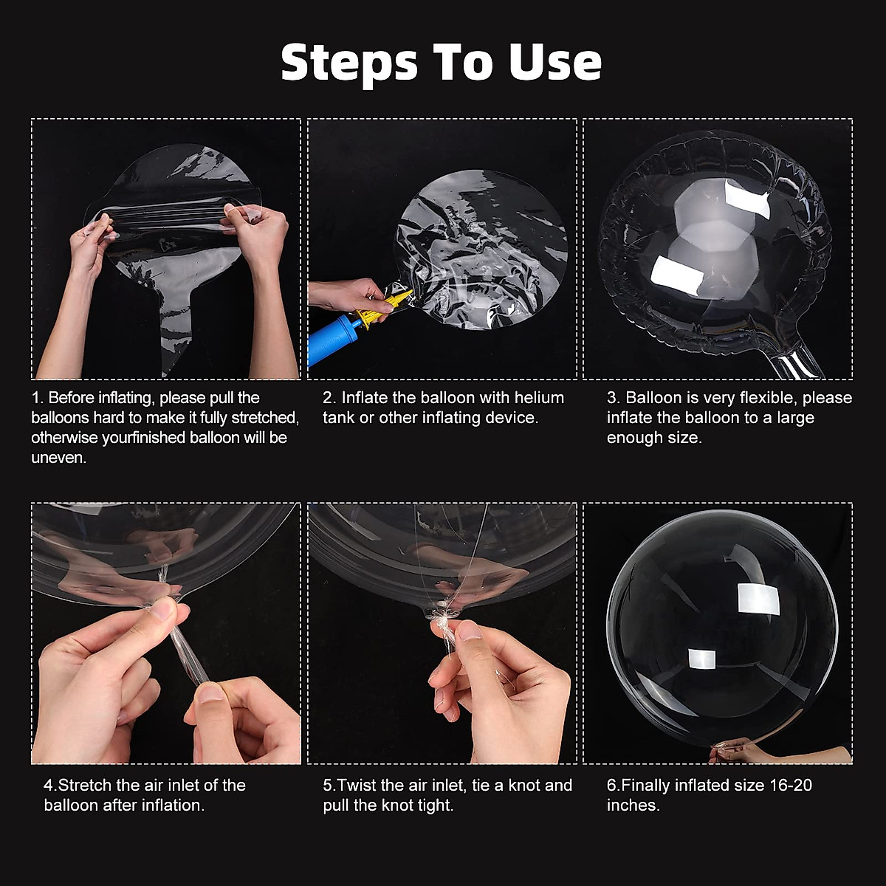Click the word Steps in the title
[349, 63]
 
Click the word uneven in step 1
[58, 458]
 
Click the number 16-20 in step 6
[790, 785]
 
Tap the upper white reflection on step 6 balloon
[759, 598]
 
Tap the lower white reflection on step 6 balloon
[702, 659]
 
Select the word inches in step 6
[633, 805]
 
